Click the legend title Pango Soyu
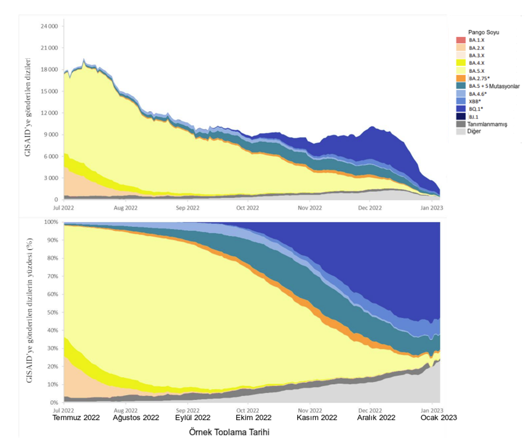click(483, 32)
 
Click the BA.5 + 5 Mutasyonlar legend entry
click(487, 86)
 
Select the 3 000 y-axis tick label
click(50, 178)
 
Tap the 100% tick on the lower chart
click(50, 222)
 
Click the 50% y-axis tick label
click(52, 312)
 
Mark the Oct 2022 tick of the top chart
click(247, 208)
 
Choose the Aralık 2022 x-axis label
click(376, 417)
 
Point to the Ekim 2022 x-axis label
click(253, 417)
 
